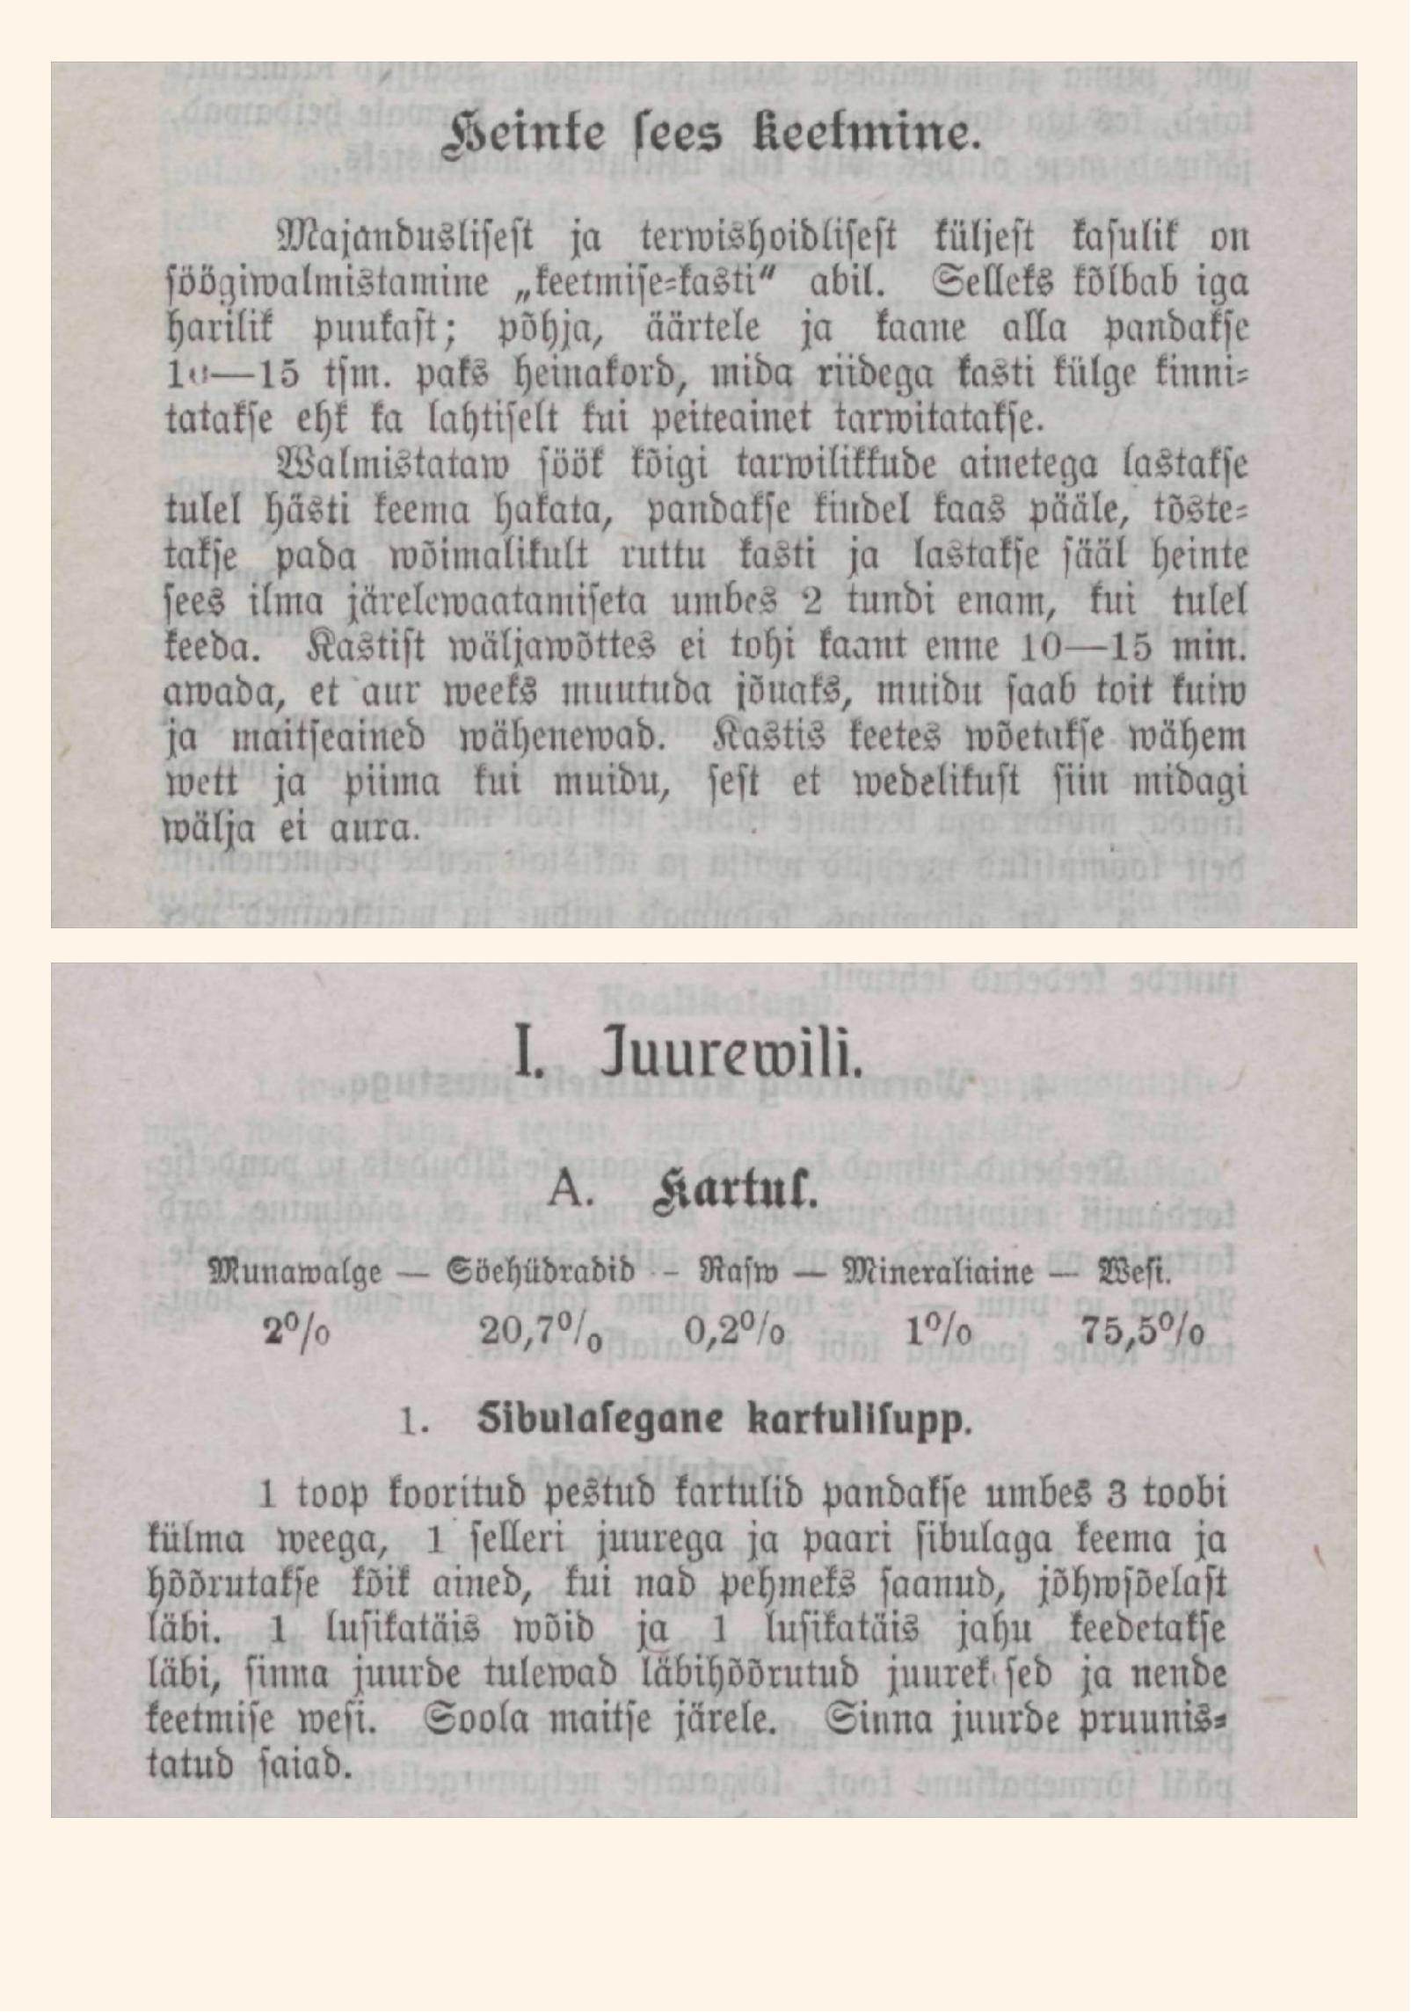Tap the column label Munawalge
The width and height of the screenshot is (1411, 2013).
coord(295,1274)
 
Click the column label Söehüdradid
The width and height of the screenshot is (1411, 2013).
coord(540,1274)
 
